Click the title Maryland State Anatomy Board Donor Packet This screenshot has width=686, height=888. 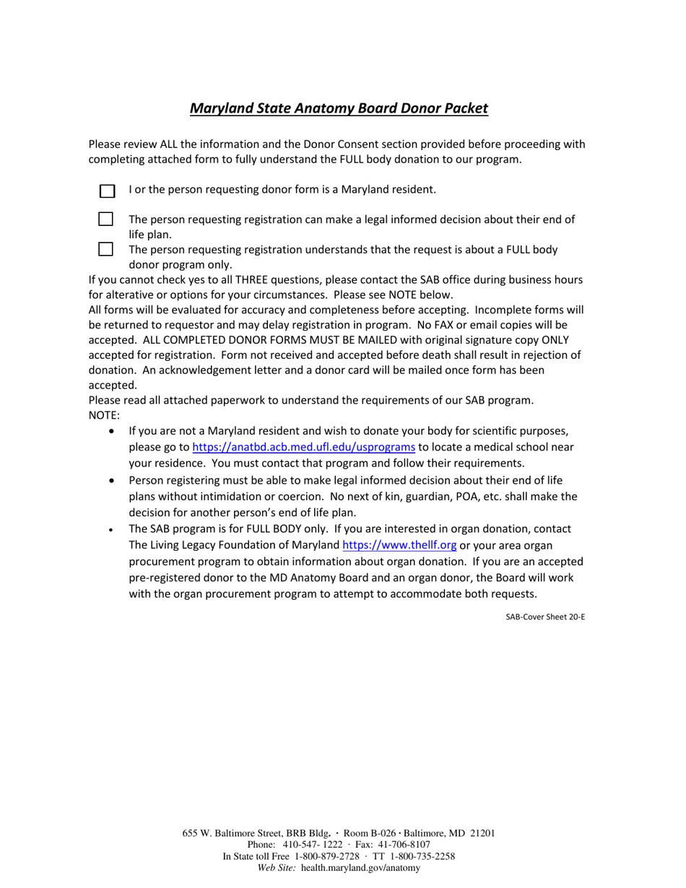coord(339,108)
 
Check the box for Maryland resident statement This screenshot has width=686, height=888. coord(107,191)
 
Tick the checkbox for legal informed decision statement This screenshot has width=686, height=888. coord(106,219)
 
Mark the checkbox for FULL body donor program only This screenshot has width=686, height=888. coord(106,249)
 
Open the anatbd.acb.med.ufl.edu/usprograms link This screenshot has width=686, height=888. coord(303,447)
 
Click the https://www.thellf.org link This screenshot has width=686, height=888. coord(399,545)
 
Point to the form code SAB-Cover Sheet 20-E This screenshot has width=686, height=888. coord(544,617)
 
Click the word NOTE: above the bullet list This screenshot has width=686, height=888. coord(104,415)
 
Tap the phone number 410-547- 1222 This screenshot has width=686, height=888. coord(313,845)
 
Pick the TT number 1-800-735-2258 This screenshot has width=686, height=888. coord(422,856)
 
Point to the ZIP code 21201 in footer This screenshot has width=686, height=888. coord(482,833)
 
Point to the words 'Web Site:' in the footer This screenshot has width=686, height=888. coord(277,868)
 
